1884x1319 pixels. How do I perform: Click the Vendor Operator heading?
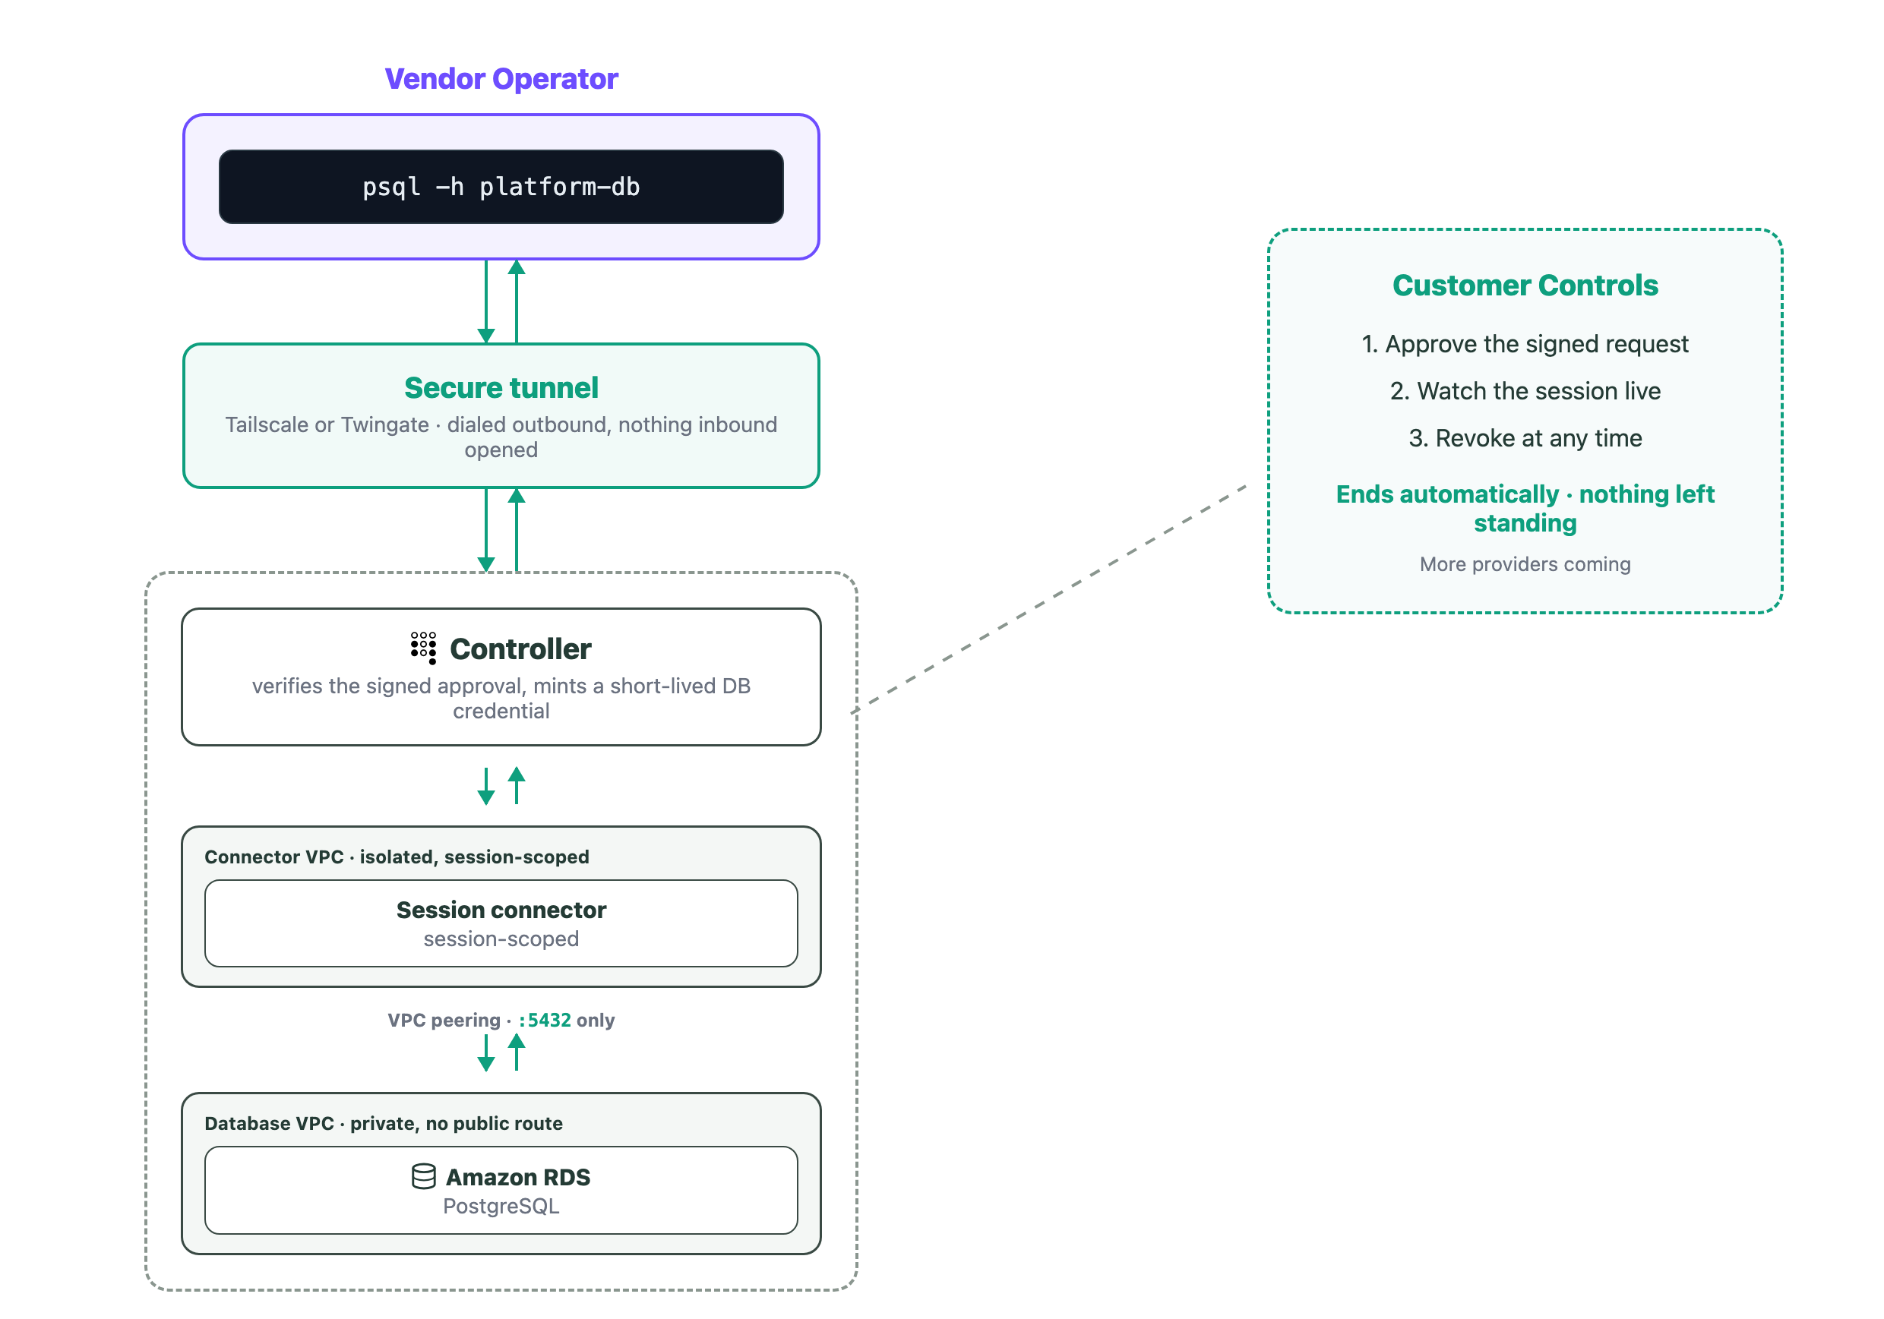pyautogui.click(x=501, y=79)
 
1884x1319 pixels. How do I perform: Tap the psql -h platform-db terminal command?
pyautogui.click(x=501, y=187)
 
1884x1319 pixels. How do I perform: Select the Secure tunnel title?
pyautogui.click(x=501, y=388)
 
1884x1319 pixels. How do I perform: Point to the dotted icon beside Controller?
pyautogui.click(x=423, y=648)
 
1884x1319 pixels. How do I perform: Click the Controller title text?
pyautogui.click(x=520, y=648)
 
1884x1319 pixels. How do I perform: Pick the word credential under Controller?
pyautogui.click(x=501, y=712)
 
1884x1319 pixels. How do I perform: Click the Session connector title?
pyautogui.click(x=501, y=910)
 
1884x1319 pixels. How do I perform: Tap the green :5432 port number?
pyautogui.click(x=545, y=1021)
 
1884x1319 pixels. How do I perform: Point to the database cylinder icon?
pyautogui.click(x=423, y=1176)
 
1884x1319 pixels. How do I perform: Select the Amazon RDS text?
pyautogui.click(x=518, y=1177)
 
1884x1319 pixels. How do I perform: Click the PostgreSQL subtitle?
pyautogui.click(x=501, y=1207)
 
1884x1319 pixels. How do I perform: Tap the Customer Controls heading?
pyautogui.click(x=1525, y=286)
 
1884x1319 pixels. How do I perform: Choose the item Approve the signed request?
pyautogui.click(x=1525, y=345)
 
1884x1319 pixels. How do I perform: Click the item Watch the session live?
pyautogui.click(x=1525, y=391)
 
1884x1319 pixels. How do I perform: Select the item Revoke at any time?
pyautogui.click(x=1525, y=439)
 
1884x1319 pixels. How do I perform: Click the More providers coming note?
pyautogui.click(x=1525, y=564)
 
